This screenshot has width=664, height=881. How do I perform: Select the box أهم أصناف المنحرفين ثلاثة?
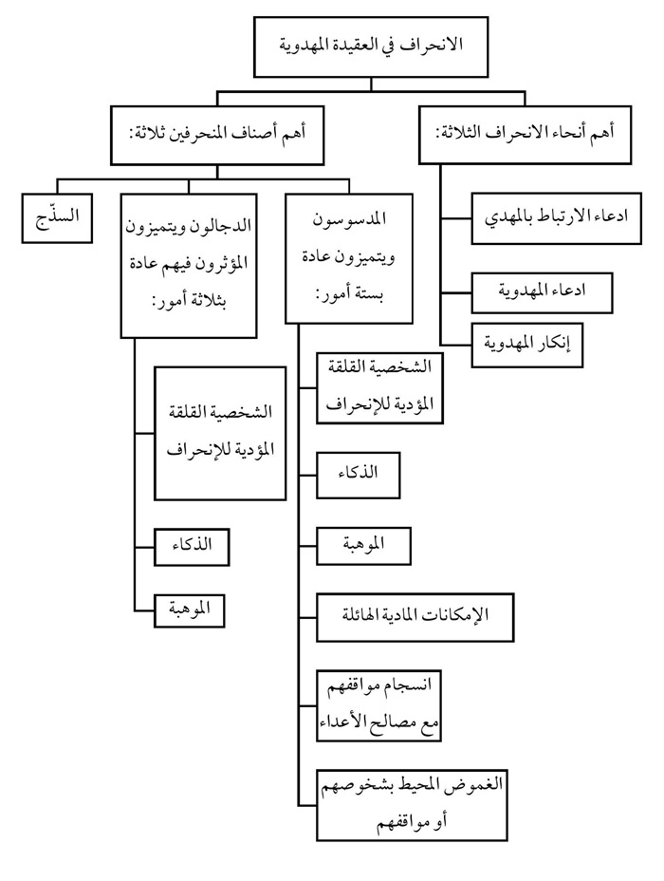tap(217, 135)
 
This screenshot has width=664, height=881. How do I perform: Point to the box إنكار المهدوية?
tap(526, 346)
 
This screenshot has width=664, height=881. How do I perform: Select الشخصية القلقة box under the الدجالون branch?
tap(220, 433)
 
